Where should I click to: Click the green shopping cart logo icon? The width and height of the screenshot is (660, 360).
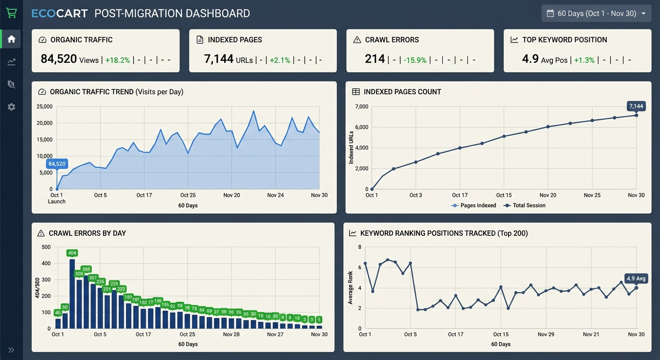tap(11, 13)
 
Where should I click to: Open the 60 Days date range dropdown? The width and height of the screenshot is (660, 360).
tap(596, 14)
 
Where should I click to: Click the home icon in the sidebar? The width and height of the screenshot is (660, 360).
tap(11, 39)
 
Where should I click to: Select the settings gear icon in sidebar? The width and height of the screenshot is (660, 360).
tap(11, 107)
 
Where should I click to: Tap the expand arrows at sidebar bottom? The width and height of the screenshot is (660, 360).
tap(11, 350)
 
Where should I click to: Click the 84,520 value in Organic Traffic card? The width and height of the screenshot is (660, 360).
tap(59, 59)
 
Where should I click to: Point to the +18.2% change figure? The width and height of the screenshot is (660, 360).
tap(118, 60)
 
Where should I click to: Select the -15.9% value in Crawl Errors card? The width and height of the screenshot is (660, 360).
tap(415, 60)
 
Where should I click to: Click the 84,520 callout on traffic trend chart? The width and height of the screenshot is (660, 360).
tap(57, 164)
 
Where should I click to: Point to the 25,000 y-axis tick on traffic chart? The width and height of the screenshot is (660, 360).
tap(44, 106)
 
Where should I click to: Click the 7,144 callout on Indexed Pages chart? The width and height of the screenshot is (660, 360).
tap(636, 106)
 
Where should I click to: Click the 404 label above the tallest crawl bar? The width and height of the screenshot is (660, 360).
tap(72, 253)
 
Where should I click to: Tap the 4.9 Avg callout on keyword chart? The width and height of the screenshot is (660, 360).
tap(636, 278)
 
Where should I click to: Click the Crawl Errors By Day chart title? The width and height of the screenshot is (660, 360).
tap(87, 233)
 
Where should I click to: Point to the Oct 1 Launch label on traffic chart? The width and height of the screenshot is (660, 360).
tap(57, 198)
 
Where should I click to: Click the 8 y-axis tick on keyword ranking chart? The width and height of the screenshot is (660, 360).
tap(360, 247)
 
